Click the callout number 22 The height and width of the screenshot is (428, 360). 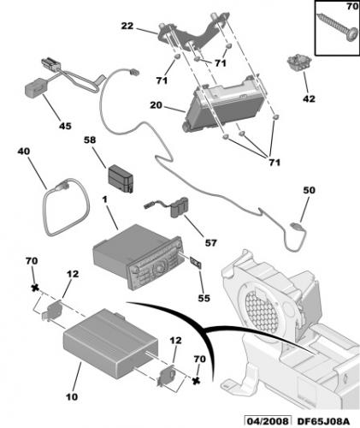(x=150, y=27)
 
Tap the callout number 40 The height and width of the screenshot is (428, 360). (x=24, y=152)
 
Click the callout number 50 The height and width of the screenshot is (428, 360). (x=310, y=190)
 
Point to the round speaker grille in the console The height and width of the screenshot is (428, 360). (x=262, y=304)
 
